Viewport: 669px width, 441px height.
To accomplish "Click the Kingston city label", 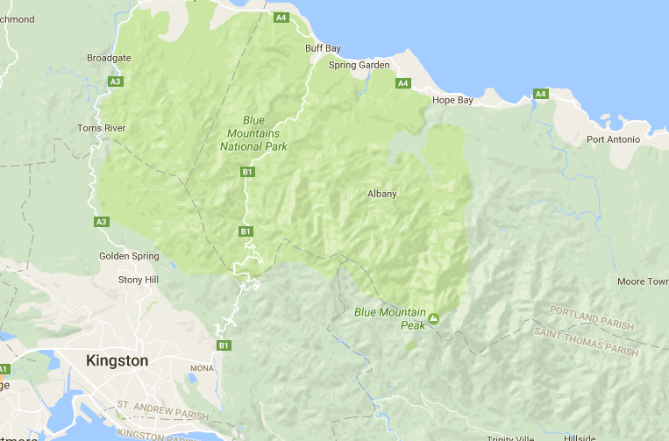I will [x=117, y=360].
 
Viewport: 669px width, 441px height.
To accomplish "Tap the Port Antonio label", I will [x=613, y=139].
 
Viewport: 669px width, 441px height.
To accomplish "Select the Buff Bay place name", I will [x=322, y=48].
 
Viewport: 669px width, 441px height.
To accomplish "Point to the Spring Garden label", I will [x=359, y=65].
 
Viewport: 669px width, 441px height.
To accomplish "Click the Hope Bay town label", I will [x=452, y=101].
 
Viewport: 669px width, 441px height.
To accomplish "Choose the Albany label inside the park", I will [x=381, y=194].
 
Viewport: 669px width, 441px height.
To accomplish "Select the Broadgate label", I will [x=109, y=58].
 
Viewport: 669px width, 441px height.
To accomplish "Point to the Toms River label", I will [x=102, y=128].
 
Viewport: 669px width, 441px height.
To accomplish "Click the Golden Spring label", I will [x=129, y=256].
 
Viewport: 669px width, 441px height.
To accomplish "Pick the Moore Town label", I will [x=642, y=281].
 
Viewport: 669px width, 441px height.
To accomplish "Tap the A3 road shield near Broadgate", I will [x=115, y=82].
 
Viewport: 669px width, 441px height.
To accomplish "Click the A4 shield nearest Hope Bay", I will [x=402, y=83].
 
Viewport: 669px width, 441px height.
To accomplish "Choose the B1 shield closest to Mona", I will [x=224, y=345].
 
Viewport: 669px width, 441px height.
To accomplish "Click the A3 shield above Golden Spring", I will [x=102, y=222].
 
